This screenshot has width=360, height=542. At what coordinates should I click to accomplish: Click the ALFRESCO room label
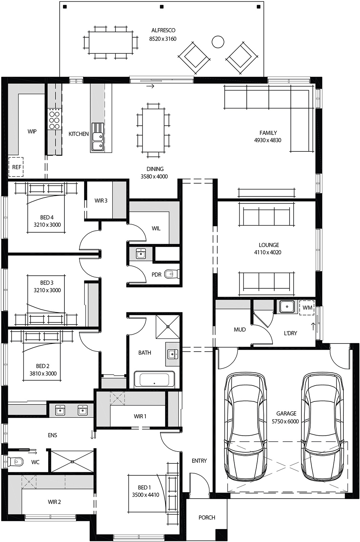point(163,30)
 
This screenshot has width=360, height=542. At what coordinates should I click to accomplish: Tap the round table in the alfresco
point(218,42)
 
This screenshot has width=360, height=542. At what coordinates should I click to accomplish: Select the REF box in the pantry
point(16,167)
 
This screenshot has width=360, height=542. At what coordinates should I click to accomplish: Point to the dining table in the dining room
point(153,130)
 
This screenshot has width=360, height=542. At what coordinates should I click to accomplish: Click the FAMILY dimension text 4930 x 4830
point(267,140)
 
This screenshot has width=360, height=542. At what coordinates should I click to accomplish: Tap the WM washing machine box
point(307,308)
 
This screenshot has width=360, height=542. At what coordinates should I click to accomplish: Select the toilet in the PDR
point(172,274)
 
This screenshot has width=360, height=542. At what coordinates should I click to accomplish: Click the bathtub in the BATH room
point(154,379)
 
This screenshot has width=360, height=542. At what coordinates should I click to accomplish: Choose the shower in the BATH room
point(168,327)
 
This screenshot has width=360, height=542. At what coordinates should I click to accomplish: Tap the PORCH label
point(207,518)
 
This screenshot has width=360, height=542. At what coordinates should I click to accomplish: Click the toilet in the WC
point(16,461)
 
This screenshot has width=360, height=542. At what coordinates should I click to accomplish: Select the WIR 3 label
point(101,201)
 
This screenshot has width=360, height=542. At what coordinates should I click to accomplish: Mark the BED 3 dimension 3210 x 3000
point(47,290)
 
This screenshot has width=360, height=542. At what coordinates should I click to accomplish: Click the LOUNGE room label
point(269,245)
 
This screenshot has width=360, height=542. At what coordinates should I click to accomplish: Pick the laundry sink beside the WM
point(287,307)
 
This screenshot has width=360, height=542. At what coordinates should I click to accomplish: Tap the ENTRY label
point(199,461)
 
